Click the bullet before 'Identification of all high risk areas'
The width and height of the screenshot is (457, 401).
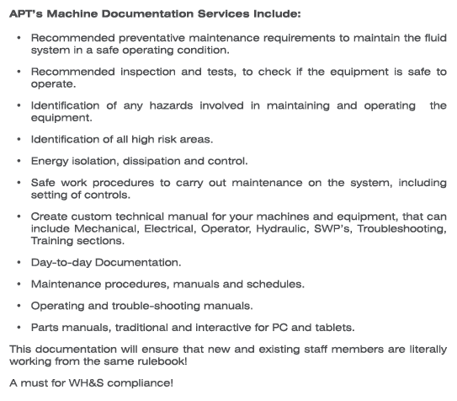pos(19,138)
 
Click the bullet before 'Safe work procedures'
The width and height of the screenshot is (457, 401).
pos(19,182)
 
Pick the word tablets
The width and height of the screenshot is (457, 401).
pos(332,327)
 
